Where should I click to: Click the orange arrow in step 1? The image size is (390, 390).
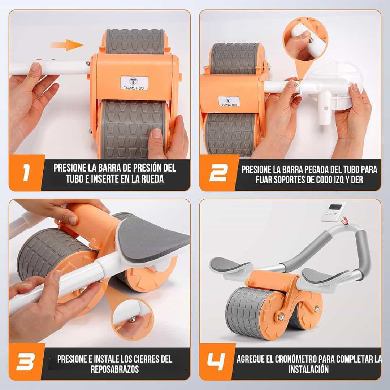pos(67,45)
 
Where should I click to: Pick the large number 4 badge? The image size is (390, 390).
pos(216,361)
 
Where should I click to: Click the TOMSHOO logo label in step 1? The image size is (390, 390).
pos(134,83)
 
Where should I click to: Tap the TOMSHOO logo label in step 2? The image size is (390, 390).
pos(229,101)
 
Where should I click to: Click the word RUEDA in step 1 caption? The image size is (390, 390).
pos(153,179)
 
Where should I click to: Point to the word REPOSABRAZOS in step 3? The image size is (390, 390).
pos(115,369)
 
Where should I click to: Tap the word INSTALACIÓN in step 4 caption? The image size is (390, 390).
pos(309,369)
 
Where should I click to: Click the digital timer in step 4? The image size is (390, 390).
pos(333,212)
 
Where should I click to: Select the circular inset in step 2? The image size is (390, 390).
pos(305,39)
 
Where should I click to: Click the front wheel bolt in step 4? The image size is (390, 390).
pos(281,317)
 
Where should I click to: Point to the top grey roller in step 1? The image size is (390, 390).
pos(135,41)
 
